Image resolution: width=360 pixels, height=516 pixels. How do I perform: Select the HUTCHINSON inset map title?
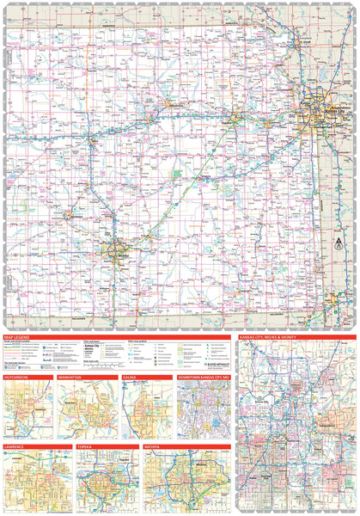click(x=18, y=378)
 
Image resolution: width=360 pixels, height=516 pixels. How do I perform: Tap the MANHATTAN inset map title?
click(x=73, y=378)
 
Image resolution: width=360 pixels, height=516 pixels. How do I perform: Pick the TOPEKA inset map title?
click(x=85, y=447)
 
